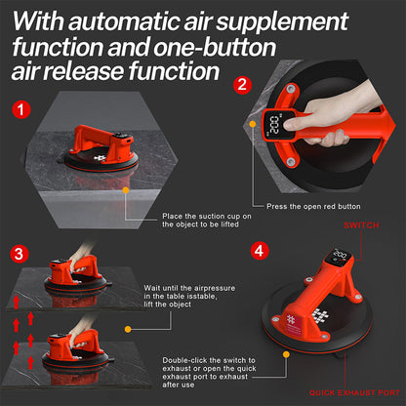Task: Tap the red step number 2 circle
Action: (x=240, y=85)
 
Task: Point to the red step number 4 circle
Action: (x=258, y=250)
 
